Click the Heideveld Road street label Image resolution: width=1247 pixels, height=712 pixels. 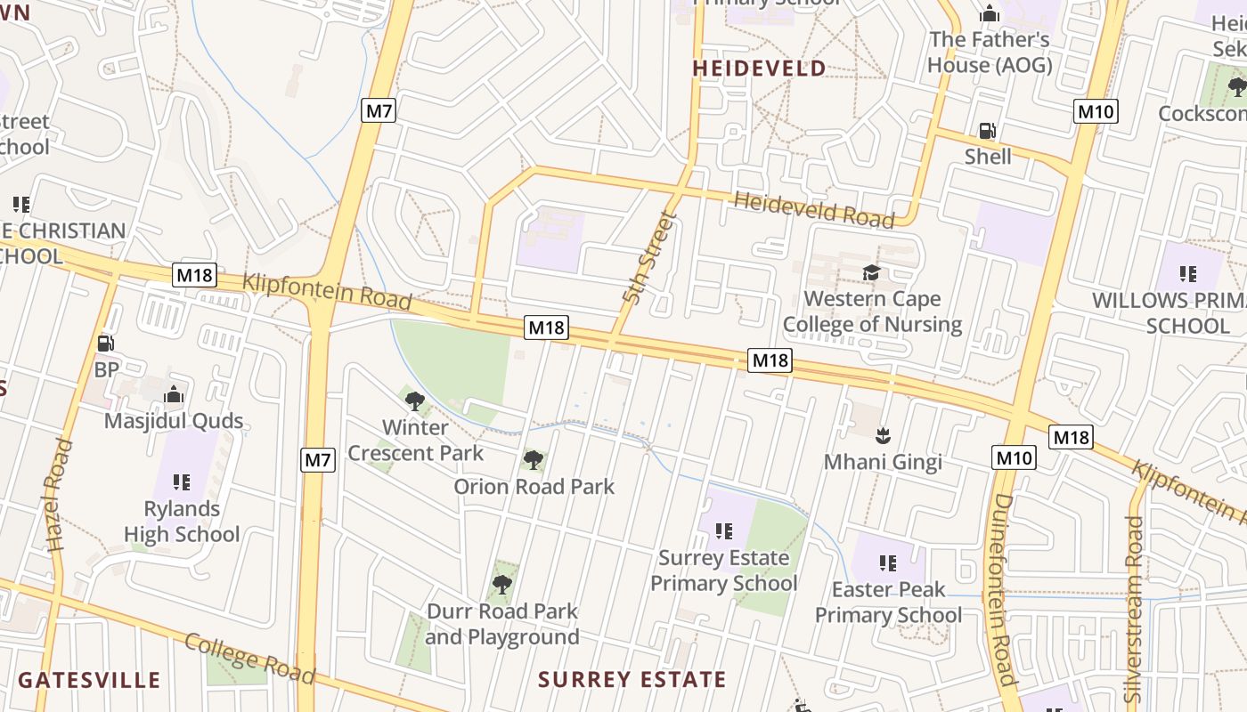(x=813, y=210)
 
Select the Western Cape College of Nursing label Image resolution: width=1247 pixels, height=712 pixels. (x=872, y=311)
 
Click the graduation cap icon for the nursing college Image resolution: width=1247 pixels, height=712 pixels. (x=870, y=273)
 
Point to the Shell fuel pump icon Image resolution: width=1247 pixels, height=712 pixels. (x=987, y=131)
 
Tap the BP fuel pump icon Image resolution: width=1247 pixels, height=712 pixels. (x=105, y=344)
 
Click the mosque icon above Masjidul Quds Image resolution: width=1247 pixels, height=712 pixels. (x=174, y=393)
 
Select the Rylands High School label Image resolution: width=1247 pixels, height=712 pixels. (x=182, y=522)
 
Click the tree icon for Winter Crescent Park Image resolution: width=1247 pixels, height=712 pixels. (x=414, y=400)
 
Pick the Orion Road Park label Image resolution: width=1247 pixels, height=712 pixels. (x=534, y=487)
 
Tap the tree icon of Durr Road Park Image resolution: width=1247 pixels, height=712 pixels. (x=502, y=584)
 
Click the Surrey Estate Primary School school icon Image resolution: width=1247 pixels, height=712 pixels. (x=723, y=531)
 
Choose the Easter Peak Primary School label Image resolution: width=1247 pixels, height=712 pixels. (x=888, y=603)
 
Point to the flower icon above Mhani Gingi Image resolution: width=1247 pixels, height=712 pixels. (x=883, y=435)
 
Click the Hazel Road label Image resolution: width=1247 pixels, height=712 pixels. (x=55, y=495)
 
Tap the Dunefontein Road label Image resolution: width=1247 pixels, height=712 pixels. (x=1003, y=587)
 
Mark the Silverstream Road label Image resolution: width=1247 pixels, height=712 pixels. (x=1134, y=610)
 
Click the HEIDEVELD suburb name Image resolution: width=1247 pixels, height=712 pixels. (x=759, y=69)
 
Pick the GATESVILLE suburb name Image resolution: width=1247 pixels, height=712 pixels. (x=89, y=681)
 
